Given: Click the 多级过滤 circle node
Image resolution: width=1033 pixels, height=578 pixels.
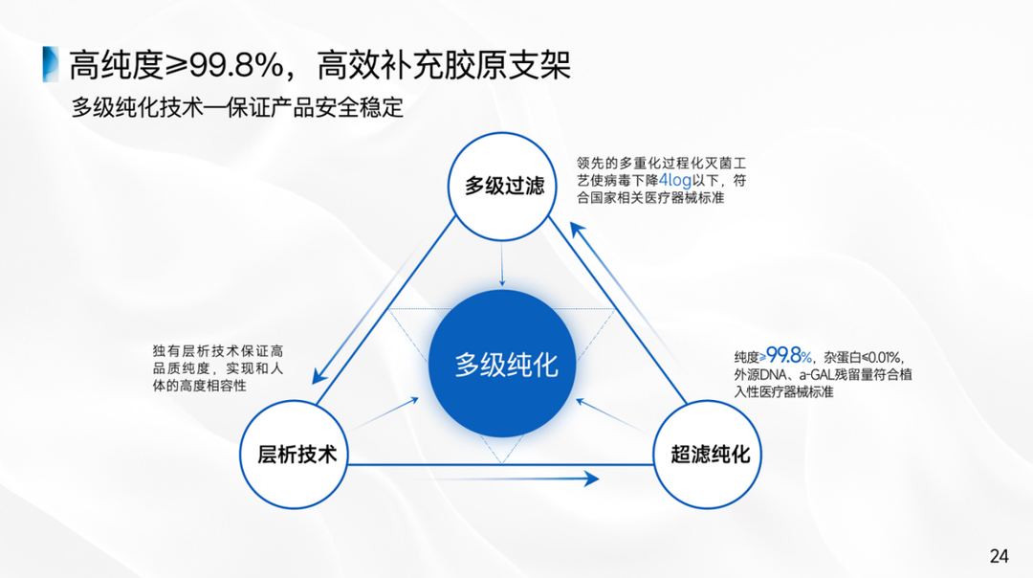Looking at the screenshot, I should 504,186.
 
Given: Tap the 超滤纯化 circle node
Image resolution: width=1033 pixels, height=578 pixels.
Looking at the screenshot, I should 709,455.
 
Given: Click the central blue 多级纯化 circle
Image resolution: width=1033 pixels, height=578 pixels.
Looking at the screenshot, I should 504,365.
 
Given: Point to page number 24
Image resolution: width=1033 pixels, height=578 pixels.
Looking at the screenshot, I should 999,556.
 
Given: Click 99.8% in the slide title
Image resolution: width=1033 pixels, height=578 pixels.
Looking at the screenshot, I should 235,65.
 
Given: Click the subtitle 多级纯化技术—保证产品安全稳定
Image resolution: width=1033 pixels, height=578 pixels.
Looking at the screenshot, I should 238,107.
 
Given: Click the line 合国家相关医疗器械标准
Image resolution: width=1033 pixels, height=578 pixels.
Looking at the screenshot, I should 650,198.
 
